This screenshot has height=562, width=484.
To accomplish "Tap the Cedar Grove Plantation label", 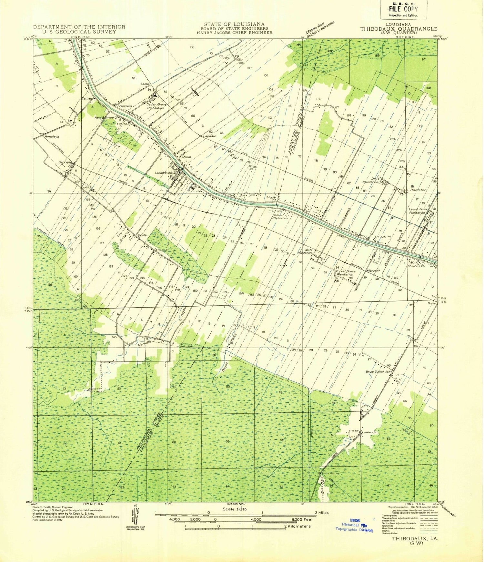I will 156,106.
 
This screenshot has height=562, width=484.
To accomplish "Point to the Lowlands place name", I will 369,432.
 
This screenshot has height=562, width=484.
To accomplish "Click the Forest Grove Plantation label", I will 346,273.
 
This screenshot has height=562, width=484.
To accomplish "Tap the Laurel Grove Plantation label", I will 418,211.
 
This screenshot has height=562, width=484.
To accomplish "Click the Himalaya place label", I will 52,137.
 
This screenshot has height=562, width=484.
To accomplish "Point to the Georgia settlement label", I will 64,162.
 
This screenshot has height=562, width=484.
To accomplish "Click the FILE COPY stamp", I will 403,9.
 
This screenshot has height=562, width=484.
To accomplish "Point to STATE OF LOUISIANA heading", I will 234,24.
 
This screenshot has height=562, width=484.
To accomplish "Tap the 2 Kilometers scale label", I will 297,526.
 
